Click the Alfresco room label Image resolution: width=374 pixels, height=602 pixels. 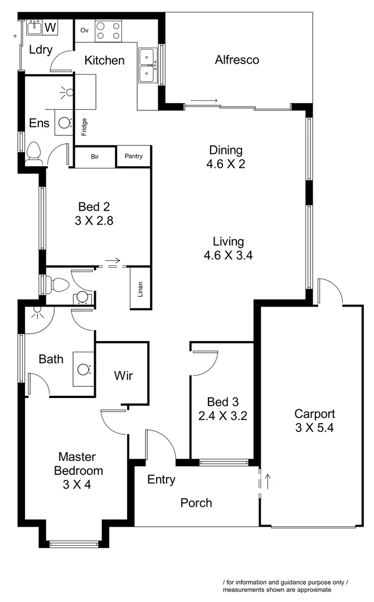tap(237, 60)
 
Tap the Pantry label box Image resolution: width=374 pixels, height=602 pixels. tap(134, 157)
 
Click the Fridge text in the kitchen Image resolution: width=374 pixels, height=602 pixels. tap(84, 127)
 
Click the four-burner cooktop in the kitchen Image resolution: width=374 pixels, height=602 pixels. tap(108, 30)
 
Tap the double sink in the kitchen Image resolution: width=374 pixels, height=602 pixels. tap(148, 65)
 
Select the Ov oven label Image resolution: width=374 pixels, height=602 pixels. tap(85, 30)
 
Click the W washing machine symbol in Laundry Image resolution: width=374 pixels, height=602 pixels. tap(50, 27)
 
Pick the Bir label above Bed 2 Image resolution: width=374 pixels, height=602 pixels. tap(95, 157)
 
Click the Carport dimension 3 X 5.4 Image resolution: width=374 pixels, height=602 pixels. tap(315, 428)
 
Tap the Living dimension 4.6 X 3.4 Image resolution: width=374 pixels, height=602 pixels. tap(228, 256)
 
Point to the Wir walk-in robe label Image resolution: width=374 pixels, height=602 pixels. tap(123, 375)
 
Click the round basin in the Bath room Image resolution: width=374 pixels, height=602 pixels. tap(84, 369)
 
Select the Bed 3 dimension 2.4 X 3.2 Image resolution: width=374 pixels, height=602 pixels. tap(222, 416)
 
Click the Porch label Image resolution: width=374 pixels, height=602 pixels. tap(196, 503)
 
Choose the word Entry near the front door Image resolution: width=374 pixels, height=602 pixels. tap(162, 479)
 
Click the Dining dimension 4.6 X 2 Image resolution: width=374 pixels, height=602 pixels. tap(226, 164)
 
